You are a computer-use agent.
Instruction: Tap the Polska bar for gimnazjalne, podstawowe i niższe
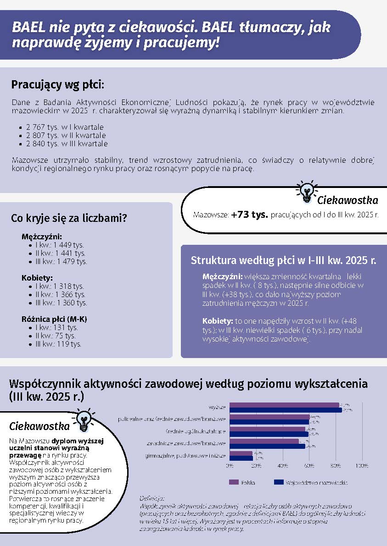coord(241,453)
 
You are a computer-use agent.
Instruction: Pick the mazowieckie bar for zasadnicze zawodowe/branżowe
coord(267,446)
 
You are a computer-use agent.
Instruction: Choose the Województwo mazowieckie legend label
coord(316,483)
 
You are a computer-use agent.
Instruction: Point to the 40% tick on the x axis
coord(283,466)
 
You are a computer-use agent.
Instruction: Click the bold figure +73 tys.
coord(250,215)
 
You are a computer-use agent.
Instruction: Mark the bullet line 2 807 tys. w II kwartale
coord(66,136)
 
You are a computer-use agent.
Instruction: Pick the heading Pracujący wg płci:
coord(58,85)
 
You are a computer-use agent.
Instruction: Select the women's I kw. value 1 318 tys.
coord(59,286)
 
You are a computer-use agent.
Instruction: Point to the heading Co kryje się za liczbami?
coord(69,219)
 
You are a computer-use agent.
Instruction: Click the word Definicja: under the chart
coord(151,498)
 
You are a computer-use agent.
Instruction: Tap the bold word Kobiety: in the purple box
coord(218,320)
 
